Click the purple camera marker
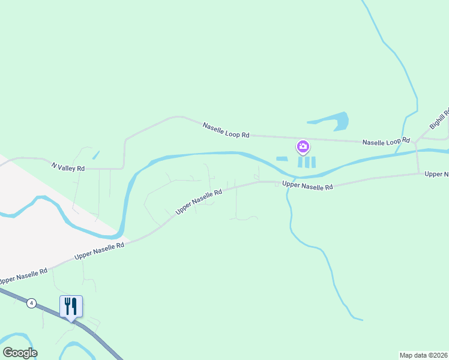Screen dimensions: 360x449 303,146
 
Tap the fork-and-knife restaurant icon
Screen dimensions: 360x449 71,307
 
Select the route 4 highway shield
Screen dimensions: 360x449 31,303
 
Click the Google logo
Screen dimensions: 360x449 20,353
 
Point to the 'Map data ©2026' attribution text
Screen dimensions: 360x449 424,355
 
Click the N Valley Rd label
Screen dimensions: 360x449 68,167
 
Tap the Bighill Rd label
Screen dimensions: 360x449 439,118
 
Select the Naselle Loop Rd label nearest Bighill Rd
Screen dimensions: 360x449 386,142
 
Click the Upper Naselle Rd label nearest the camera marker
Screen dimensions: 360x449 307,186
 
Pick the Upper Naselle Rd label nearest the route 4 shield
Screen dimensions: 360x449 23,277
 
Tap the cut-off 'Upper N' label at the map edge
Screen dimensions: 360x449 436,174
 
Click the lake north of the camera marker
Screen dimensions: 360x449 337,122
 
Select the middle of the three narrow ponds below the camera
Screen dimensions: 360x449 306,162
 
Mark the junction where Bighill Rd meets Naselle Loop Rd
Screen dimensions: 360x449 416,143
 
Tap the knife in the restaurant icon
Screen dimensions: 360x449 74,307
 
